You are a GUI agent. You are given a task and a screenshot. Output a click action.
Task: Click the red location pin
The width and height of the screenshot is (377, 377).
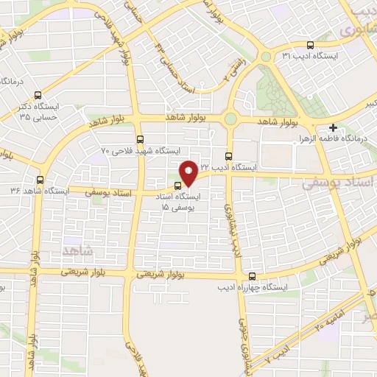pos(188,172)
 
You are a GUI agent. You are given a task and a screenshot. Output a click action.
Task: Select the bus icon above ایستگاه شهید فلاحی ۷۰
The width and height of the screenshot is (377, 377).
pos(140,138)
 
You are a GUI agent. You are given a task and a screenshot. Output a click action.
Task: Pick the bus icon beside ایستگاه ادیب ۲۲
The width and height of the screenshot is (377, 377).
pos(228,156)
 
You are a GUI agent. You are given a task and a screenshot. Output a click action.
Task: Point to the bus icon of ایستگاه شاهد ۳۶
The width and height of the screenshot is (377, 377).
pos(40,179)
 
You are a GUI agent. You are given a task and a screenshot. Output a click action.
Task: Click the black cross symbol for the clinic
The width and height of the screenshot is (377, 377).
pos(334,127)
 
